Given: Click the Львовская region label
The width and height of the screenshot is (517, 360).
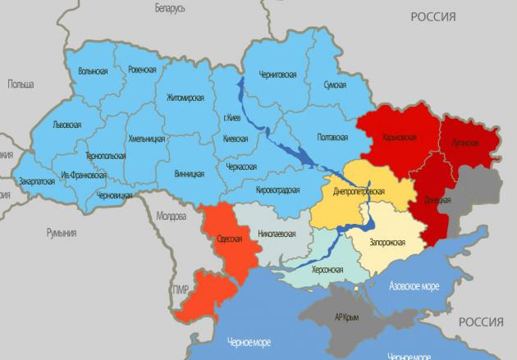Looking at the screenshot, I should tap(66, 124).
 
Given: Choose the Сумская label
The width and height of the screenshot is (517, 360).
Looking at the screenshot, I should tap(333, 84).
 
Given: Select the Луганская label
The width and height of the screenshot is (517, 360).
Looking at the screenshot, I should tap(464, 142).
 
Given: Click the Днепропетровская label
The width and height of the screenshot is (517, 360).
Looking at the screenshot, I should tap(359, 190).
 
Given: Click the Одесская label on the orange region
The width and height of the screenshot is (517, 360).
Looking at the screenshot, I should tap(226, 239).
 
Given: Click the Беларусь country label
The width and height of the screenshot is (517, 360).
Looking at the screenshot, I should tap(170, 7).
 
